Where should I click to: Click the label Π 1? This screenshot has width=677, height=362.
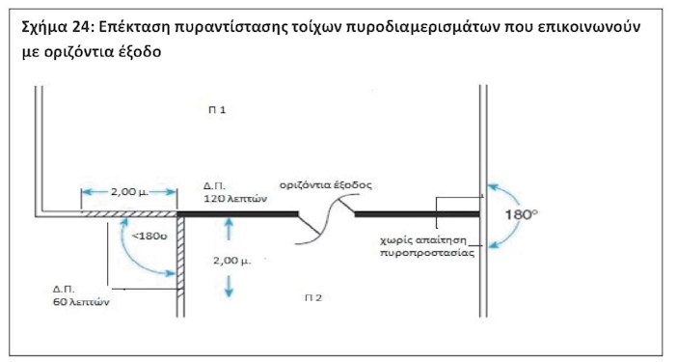pyautogui.click(x=217, y=111)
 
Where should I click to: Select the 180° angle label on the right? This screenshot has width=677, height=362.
pyautogui.click(x=525, y=214)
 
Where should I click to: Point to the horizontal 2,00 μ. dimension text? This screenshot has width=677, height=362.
pyautogui.click(x=128, y=192)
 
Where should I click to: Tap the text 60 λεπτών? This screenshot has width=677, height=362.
pyautogui.click(x=83, y=301)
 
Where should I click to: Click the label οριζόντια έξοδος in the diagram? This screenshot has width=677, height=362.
pyautogui.click(x=325, y=183)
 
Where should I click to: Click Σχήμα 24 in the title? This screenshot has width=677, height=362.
pyautogui.click(x=55, y=26)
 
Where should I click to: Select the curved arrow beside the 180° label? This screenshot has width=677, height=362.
pyautogui.click(x=495, y=214)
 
